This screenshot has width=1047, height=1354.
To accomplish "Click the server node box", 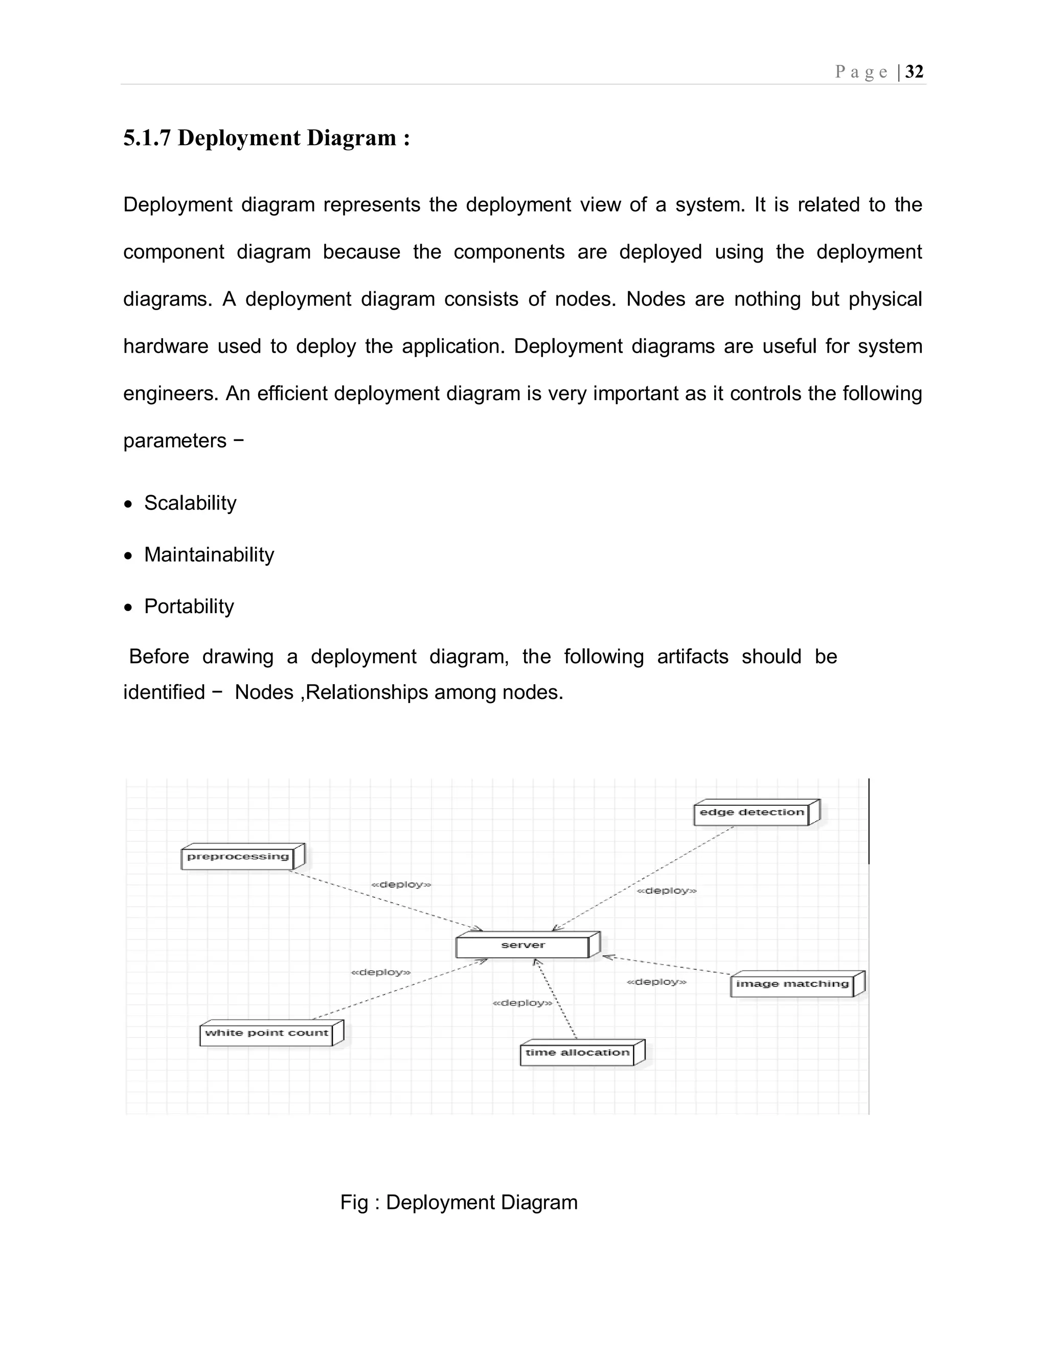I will pyautogui.click(x=523, y=945).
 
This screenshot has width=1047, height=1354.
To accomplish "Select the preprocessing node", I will pyautogui.click(x=238, y=857).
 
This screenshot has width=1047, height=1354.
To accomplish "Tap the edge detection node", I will pyautogui.click(x=751, y=813).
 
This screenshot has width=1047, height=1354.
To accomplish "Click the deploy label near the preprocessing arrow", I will pyautogui.click(x=401, y=884).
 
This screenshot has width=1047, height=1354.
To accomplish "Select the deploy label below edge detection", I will pyautogui.click(x=667, y=891).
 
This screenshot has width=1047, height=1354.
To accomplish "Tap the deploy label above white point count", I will pyautogui.click(x=381, y=972).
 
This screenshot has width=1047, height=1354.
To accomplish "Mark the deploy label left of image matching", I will pyautogui.click(x=656, y=982).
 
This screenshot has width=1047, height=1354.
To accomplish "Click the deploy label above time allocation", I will pyautogui.click(x=522, y=1003).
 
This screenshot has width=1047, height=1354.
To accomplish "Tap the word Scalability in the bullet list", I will pyautogui.click(x=190, y=503).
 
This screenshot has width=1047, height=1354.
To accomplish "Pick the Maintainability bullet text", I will pyautogui.click(x=209, y=554).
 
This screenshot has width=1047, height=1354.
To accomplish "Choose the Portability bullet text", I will pyautogui.click(x=189, y=606).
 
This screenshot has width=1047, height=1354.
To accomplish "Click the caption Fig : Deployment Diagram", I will pyautogui.click(x=459, y=1202).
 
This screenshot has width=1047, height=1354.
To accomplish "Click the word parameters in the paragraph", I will pyautogui.click(x=175, y=441).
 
